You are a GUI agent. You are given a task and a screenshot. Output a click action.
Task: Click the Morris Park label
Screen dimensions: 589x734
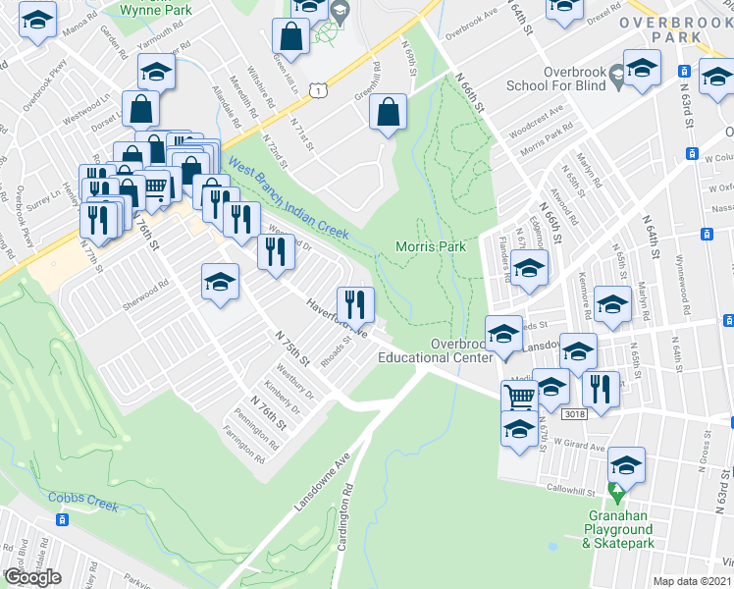(x=430, y=246)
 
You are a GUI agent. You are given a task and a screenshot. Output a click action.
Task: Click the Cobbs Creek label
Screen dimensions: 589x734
(x=83, y=497)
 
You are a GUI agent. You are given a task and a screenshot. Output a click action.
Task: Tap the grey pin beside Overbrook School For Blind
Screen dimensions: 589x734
(x=615, y=71)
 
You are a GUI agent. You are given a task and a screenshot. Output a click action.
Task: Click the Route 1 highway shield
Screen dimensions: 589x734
(x=318, y=90)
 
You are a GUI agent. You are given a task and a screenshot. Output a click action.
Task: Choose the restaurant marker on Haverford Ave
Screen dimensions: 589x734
(x=354, y=303)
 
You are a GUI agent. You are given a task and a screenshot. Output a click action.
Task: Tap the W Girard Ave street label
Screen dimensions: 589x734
(x=577, y=448)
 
